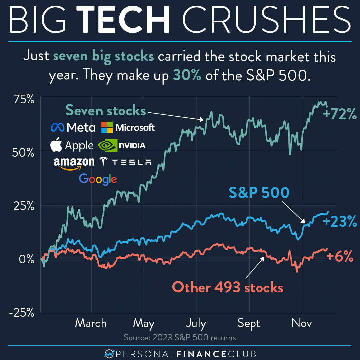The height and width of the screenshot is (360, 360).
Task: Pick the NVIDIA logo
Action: click(x=122, y=145)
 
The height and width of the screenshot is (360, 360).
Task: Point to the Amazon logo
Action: click(x=74, y=163)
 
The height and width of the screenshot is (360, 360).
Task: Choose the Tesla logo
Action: click(x=126, y=162)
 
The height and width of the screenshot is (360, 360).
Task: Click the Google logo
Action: click(x=98, y=179)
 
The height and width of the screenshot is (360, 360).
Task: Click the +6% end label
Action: click(x=340, y=257)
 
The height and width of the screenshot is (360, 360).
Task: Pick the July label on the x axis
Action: click(x=196, y=323)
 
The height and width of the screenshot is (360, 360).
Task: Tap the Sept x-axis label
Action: click(x=249, y=323)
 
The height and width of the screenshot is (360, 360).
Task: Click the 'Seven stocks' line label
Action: click(x=105, y=110)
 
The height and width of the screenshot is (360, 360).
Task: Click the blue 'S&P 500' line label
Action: click(x=259, y=193)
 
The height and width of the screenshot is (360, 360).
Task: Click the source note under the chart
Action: click(x=180, y=338)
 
